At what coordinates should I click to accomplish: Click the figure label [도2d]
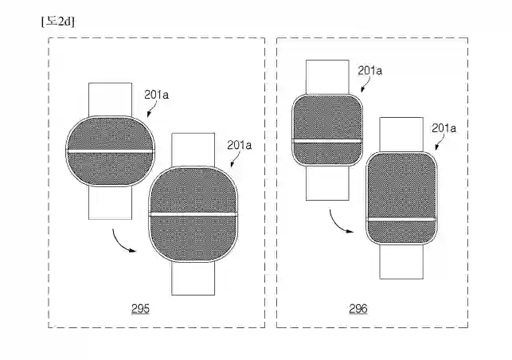click(57, 21)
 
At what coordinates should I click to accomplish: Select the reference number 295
click(140, 308)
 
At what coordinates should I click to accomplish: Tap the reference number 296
click(358, 308)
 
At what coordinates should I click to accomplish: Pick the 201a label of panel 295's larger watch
click(239, 145)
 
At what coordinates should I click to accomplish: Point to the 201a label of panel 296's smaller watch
click(370, 70)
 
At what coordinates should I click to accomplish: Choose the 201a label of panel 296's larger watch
click(444, 127)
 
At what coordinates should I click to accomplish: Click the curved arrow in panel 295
click(124, 241)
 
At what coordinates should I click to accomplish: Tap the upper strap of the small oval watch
click(111, 98)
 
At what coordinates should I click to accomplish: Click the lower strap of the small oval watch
click(111, 203)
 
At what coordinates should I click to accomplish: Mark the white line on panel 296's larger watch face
click(401, 218)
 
